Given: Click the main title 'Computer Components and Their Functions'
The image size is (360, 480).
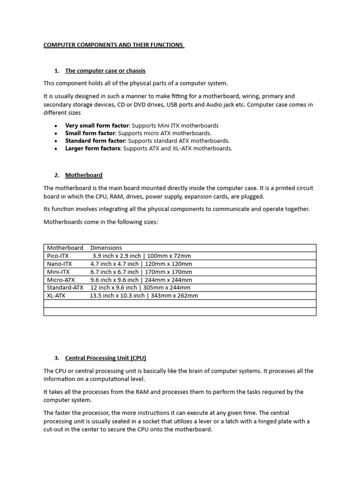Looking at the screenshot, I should pyautogui.click(x=113, y=45).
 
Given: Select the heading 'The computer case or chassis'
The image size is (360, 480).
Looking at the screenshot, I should pyautogui.click(x=105, y=71).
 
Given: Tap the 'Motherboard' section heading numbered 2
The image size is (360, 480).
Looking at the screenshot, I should pyautogui.click(x=83, y=175).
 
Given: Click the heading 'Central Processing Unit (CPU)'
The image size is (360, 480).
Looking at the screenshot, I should pyautogui.click(x=105, y=358).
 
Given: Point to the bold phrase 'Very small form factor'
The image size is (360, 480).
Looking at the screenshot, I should pyautogui.click(x=97, y=126).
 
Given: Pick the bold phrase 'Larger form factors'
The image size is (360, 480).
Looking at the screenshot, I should pyautogui.click(x=93, y=148).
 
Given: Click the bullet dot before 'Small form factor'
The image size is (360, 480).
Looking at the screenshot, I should pyautogui.click(x=56, y=134).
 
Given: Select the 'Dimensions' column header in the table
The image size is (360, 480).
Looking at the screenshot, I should pyautogui.click(x=106, y=248).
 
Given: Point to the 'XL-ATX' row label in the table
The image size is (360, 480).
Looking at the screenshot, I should pyautogui.click(x=56, y=296).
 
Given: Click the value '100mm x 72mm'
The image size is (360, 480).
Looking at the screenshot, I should pyautogui.click(x=169, y=256).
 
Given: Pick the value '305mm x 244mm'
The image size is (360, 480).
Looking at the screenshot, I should pyautogui.click(x=168, y=288).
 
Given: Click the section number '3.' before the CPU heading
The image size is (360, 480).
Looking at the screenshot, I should pyautogui.click(x=57, y=358).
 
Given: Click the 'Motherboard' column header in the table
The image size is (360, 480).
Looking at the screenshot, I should pyautogui.click(x=65, y=248).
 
